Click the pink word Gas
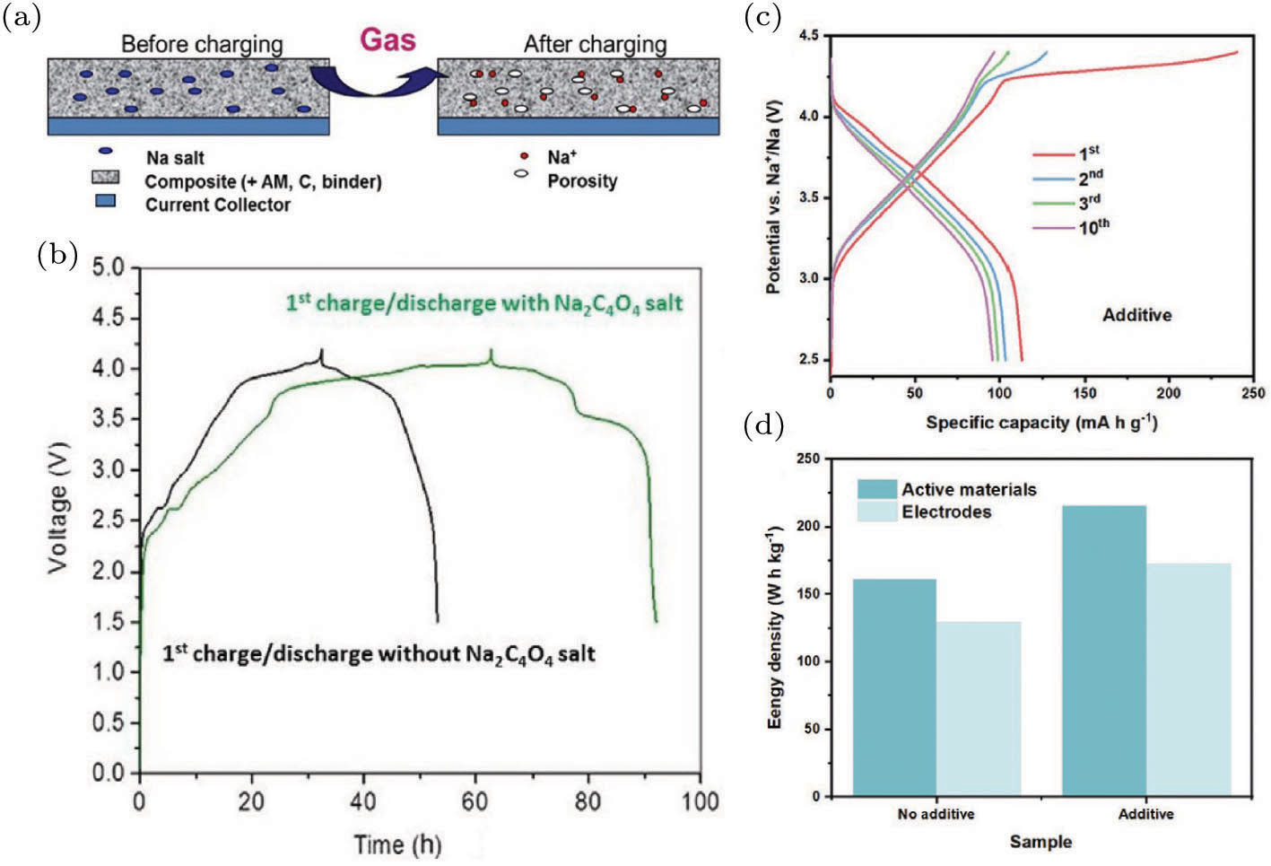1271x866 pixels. [387, 40]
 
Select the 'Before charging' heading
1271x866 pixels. [202, 44]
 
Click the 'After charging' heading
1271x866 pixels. [595, 44]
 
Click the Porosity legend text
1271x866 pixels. [582, 181]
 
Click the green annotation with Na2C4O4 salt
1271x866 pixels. [484, 303]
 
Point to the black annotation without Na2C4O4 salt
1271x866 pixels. [379, 653]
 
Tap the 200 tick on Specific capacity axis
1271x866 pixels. [1169, 393]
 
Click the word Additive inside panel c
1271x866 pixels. [1136, 315]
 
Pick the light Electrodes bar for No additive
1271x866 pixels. [979, 709]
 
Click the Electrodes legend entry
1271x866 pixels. [946, 512]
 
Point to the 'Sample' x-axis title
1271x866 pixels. [1040, 842]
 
